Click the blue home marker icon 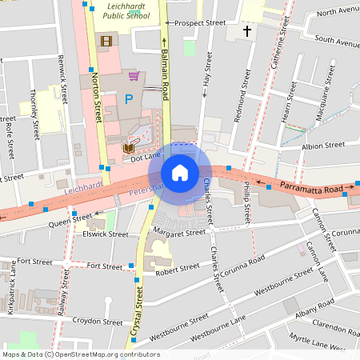tap(180, 173)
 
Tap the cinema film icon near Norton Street tap(106, 40)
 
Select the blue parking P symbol tap(129, 100)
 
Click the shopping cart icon tap(134, 77)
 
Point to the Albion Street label tap(322, 146)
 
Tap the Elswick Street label tap(104, 234)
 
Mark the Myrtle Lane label tap(329, 342)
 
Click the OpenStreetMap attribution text tap(81, 354)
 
